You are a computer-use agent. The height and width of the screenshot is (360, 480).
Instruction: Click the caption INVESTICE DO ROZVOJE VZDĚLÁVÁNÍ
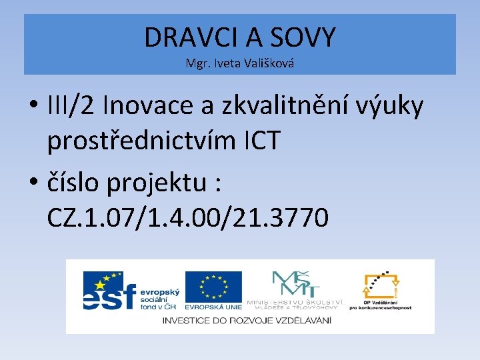pyautogui.click(x=247, y=320)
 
